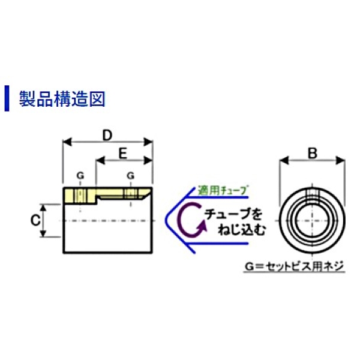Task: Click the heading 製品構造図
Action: pyautogui.click(x=62, y=98)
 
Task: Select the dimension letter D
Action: pyautogui.click(x=107, y=135)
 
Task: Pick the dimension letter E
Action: pyautogui.click(x=122, y=153)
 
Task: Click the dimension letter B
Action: pyautogui.click(x=312, y=153)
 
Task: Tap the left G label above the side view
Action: pyautogui.click(x=80, y=176)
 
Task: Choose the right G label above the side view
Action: pyautogui.click(x=130, y=176)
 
